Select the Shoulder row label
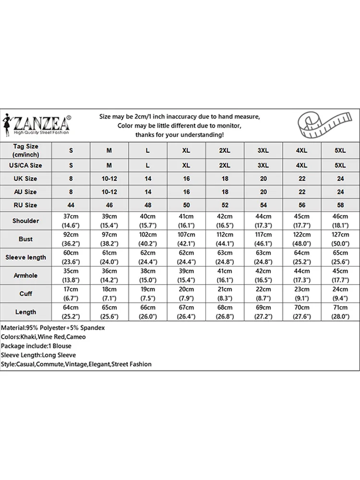click(26, 221)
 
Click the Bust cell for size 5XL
click(340, 239)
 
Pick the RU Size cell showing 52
click(224, 205)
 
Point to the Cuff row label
click(26, 294)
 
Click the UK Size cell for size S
click(71, 179)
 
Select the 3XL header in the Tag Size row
click(263, 150)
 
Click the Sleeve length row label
click(26, 257)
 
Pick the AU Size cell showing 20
click(263, 192)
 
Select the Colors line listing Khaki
click(43, 336)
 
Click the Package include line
click(36, 346)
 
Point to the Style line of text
click(76, 364)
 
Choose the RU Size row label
click(26, 205)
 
